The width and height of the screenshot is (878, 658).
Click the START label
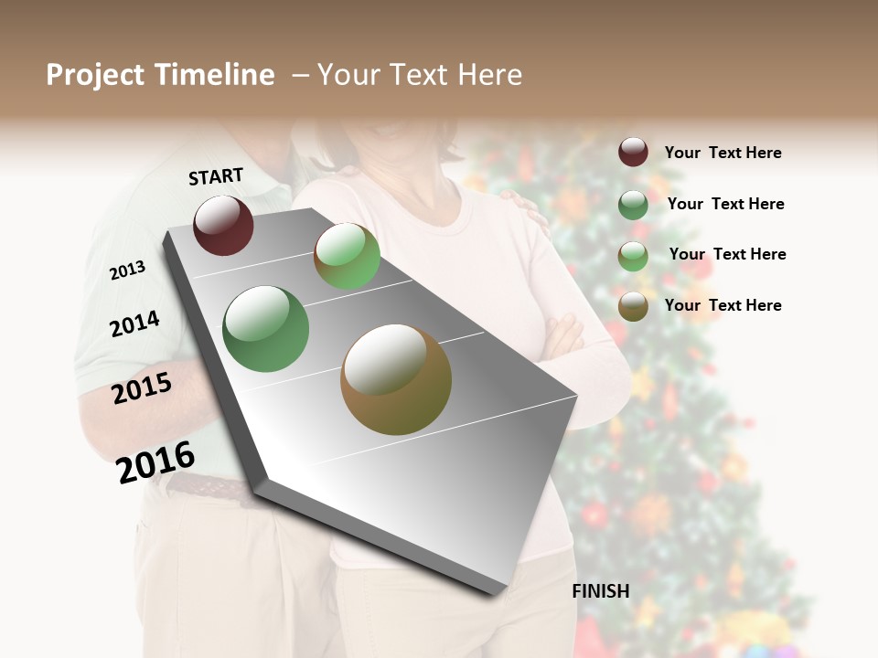216,176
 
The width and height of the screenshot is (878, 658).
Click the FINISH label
601,591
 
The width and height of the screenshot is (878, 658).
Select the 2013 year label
127,270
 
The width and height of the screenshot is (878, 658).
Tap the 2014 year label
134,324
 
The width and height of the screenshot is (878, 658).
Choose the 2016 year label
155,462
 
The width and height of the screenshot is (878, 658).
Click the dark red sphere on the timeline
223,225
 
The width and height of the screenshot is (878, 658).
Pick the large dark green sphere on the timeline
265,329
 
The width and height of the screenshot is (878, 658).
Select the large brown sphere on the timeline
396,379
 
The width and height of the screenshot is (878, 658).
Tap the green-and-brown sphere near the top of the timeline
347,256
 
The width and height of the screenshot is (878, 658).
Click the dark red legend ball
633,153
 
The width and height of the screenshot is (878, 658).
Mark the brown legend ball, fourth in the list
633,306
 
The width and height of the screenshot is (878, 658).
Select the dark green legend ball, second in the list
633,205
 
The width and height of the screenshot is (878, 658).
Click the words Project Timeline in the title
160,75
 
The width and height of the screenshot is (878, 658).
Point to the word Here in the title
489,75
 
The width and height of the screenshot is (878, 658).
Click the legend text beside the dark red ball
723,153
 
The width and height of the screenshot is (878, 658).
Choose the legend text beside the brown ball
723,305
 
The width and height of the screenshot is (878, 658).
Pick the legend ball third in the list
633,256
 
